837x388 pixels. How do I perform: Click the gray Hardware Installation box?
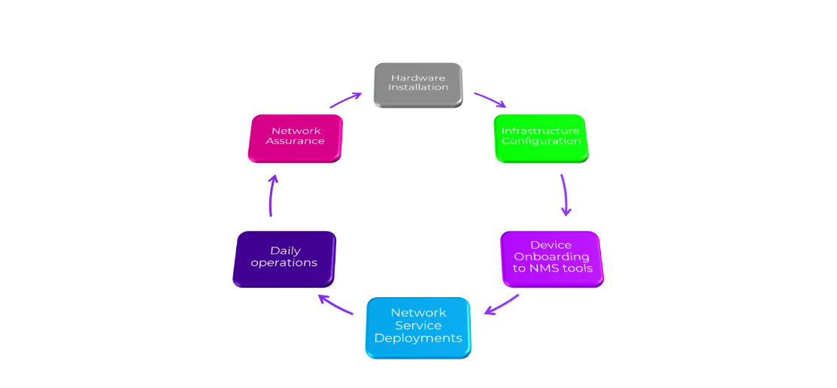pyautogui.click(x=418, y=84)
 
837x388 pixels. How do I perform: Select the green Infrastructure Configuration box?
pyautogui.click(x=541, y=138)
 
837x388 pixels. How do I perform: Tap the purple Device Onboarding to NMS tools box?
pyautogui.click(x=551, y=258)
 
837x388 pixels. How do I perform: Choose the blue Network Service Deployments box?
pyautogui.click(x=418, y=326)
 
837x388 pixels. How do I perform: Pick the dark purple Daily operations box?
pyautogui.click(x=284, y=258)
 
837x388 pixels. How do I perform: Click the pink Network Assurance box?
pyautogui.click(x=295, y=137)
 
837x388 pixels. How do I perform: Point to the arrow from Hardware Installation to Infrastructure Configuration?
pyautogui.click(x=490, y=99)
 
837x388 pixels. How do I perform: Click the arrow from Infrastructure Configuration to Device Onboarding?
pyautogui.click(x=565, y=195)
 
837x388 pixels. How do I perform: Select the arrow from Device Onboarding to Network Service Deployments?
pyautogui.click(x=502, y=304)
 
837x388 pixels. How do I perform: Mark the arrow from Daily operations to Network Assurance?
pyautogui.click(x=272, y=195)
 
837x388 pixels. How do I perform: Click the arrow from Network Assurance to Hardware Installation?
pyautogui.click(x=346, y=99)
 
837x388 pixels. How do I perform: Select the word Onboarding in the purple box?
pyautogui.click(x=551, y=256)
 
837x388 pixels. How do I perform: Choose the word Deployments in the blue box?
pyautogui.click(x=418, y=338)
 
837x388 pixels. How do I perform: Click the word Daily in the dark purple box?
pyautogui.click(x=285, y=250)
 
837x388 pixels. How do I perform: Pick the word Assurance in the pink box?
pyautogui.click(x=296, y=141)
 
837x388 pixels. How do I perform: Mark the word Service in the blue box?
pyautogui.click(x=418, y=326)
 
